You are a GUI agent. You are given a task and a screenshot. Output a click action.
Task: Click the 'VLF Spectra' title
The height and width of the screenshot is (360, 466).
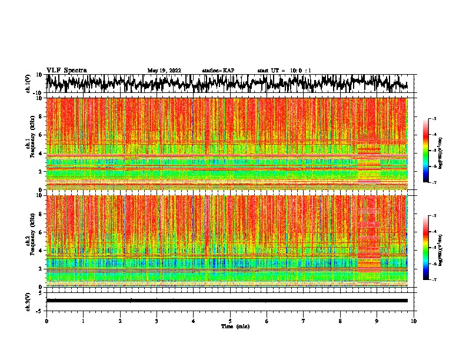pos(66,70)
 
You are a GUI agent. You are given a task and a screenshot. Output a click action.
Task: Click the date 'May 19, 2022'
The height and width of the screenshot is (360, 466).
pos(164,71)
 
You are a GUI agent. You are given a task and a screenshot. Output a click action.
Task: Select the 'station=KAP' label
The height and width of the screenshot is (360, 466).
pos(218,71)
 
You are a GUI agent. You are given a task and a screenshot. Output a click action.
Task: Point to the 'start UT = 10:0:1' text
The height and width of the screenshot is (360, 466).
pos(284,71)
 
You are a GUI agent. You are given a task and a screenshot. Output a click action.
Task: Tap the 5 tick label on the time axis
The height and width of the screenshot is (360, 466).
pos(230,321)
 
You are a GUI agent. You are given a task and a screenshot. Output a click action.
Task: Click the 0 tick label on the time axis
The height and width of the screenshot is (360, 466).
pos(46,321)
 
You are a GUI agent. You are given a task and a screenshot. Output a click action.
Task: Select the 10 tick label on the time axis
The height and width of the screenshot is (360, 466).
pos(414,321)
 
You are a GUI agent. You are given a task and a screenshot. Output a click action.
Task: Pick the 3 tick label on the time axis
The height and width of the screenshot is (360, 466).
pos(157,321)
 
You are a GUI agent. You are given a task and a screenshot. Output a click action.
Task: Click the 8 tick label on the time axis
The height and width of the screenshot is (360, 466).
pos(340,321)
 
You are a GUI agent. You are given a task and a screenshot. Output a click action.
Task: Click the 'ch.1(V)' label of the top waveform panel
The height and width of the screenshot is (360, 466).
pos(28,84)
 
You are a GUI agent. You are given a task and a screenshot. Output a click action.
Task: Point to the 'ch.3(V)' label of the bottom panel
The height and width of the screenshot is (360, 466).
pos(28,301)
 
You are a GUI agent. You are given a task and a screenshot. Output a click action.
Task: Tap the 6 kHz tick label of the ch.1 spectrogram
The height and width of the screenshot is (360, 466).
pos(40,135)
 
